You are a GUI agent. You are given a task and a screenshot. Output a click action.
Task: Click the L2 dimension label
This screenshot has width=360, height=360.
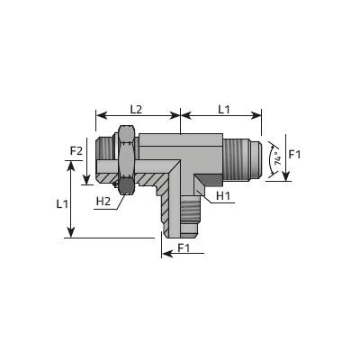click(x=136, y=109)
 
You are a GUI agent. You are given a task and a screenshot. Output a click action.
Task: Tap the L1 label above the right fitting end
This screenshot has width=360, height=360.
click(x=223, y=109)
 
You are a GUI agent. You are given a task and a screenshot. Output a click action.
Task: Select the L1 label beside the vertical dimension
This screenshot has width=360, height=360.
click(x=62, y=204)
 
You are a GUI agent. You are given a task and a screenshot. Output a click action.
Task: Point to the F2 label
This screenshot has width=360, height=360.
click(x=76, y=151)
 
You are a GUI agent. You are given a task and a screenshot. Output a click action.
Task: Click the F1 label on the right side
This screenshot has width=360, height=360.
click(x=294, y=155)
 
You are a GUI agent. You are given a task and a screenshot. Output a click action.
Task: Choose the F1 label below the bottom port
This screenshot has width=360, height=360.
click(x=184, y=247)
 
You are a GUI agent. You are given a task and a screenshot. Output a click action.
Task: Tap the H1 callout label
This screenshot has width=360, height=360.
click(x=223, y=196)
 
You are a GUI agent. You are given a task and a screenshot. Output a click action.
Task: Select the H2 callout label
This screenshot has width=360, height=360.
click(x=103, y=202)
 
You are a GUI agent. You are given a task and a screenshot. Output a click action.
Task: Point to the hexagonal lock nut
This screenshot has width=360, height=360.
click(x=126, y=160)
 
